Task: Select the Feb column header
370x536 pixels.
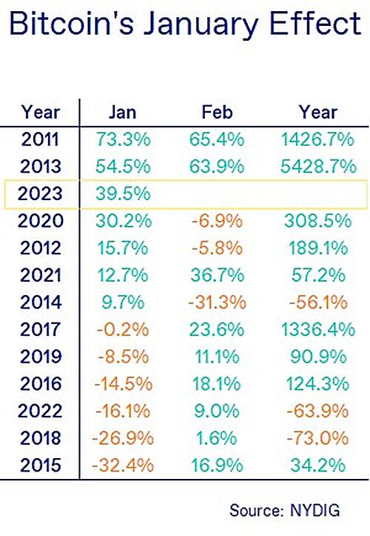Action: coord(217,113)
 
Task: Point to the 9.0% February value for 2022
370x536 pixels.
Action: coord(217,411)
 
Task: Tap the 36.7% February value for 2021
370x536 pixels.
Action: coord(217,275)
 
